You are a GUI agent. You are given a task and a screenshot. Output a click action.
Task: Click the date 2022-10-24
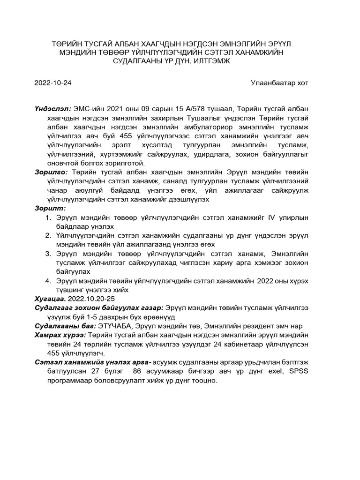[x=53, y=83]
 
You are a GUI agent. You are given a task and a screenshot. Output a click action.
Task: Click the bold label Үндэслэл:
[x=52, y=109]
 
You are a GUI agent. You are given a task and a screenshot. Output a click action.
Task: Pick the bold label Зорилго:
[x=52, y=172]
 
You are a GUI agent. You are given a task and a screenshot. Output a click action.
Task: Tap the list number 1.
[x=48, y=217]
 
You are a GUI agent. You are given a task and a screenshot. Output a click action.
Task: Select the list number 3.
[x=48, y=254]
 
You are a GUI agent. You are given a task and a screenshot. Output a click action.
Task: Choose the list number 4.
[x=48, y=281]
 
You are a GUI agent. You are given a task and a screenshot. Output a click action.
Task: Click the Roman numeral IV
[x=271, y=217]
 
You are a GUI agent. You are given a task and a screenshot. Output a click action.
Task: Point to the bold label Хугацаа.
[x=51, y=299]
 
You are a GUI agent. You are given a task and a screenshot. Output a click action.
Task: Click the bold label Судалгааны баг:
[x=65, y=326]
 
